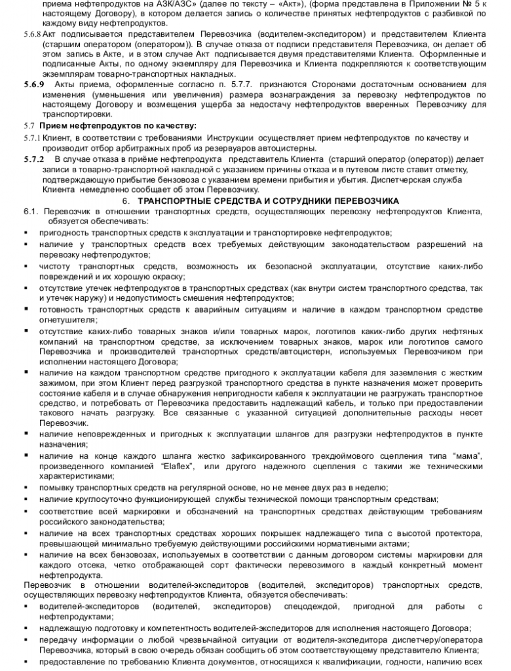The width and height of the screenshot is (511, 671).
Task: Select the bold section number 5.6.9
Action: click(x=34, y=85)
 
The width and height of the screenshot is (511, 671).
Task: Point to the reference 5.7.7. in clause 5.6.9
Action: click(x=235, y=85)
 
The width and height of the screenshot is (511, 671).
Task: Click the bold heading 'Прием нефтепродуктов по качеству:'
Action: click(x=118, y=126)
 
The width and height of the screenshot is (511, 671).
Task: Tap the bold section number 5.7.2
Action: click(x=34, y=159)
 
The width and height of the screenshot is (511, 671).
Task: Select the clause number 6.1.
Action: click(x=31, y=211)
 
